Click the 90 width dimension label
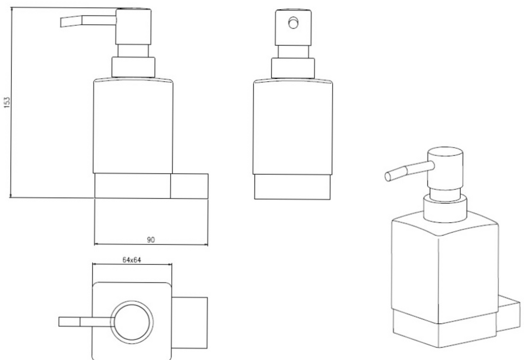coord(151,240)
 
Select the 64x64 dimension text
coord(131,260)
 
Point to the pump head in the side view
coord(133,27)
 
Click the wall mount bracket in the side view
coord(189,186)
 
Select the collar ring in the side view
coord(133,67)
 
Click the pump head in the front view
coord(294,27)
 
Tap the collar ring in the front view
coord(293,68)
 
